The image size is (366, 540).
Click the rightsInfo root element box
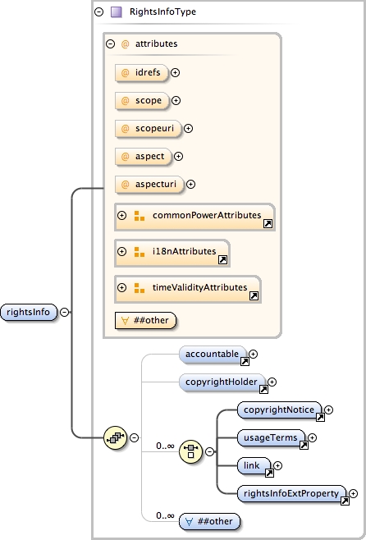[x=29, y=312]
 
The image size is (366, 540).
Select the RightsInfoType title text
[x=162, y=12]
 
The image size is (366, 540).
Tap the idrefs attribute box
[x=141, y=72]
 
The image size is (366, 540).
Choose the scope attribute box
[x=140, y=100]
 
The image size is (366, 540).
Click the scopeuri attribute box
[x=147, y=128]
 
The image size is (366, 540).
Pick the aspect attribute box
[x=143, y=156]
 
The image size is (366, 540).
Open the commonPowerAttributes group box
[x=194, y=216]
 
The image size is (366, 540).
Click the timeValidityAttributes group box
[x=187, y=288]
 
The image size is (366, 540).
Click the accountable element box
[x=213, y=354]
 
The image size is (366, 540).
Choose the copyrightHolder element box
[x=222, y=382]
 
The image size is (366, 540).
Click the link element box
[x=253, y=465]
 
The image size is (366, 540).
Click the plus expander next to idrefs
[x=175, y=72]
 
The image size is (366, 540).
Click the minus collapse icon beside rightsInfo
[x=65, y=312]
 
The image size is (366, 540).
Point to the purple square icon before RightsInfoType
[x=117, y=12]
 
